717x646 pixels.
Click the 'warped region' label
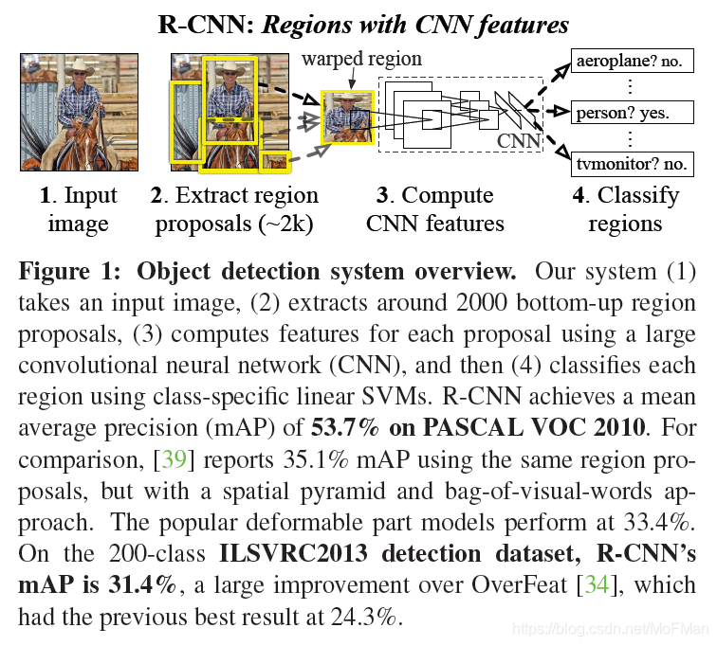coord(361,59)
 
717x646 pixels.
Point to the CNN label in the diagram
coord(519,142)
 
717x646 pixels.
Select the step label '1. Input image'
coord(78,209)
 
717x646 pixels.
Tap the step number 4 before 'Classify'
coord(579,196)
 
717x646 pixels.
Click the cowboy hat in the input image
coord(74,74)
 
